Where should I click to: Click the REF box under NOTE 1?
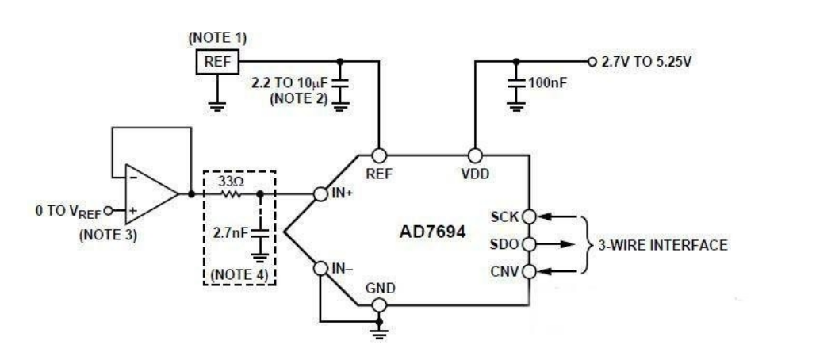pos(217,62)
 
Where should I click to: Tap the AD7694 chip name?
pos(432,232)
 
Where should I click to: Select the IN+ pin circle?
pos(320,194)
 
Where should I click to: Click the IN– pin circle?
pos(320,268)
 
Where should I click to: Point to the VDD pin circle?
pos(475,155)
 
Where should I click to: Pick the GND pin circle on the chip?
pos(378,305)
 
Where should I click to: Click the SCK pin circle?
pos(529,216)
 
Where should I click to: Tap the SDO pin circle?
pos(529,244)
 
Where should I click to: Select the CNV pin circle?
pos(529,272)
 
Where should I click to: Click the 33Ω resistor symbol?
pos(231,194)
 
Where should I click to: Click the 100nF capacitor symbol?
pos(516,83)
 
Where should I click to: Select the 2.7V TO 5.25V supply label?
pos(646,62)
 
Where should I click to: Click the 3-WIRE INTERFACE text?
pos(662,245)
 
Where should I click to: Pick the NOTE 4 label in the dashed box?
pos(239,275)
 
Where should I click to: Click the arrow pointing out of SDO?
pos(557,244)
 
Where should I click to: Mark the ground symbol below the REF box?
pos(217,107)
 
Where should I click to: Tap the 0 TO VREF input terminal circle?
pos(108,211)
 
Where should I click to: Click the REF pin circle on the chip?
pos(378,155)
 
